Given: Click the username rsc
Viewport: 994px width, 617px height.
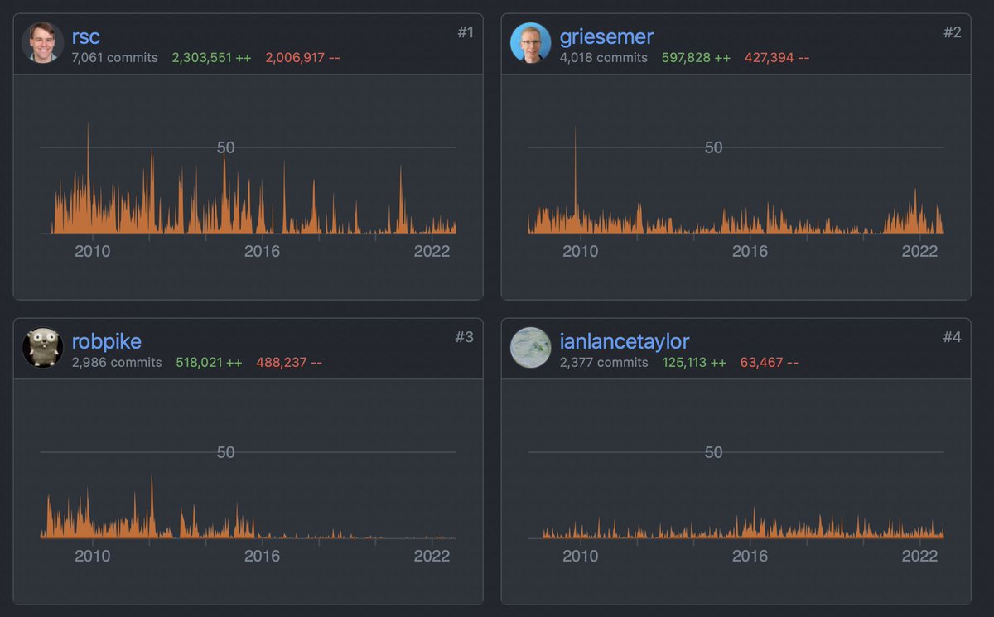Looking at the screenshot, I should (86, 36).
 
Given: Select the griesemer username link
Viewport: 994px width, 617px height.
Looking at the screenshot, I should (606, 36).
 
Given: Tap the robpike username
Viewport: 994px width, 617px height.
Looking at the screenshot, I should (106, 341).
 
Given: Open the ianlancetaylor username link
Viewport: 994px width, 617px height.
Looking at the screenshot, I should (625, 341).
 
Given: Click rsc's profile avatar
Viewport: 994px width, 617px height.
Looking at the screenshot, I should (42, 43).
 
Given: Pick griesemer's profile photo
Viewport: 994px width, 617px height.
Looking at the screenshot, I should (530, 43).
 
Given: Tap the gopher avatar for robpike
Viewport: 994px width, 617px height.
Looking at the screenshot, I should (42, 348).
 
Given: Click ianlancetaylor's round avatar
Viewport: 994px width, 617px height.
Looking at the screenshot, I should (530, 348).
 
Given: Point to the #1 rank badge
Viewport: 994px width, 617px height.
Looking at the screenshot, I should (466, 32).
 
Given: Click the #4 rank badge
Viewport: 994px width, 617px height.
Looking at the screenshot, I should (953, 337).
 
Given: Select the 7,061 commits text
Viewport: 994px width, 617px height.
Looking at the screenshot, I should (114, 58).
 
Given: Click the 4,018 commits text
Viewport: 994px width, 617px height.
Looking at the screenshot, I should (603, 58).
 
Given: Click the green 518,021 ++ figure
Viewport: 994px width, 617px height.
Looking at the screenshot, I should (209, 363).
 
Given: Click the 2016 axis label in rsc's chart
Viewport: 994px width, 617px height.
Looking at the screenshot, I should (262, 251).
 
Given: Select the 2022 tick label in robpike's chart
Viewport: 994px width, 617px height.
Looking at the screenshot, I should (432, 556).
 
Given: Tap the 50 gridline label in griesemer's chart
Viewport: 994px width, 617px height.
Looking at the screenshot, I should (713, 147).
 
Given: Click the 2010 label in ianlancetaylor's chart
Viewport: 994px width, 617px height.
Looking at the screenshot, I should (580, 556).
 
